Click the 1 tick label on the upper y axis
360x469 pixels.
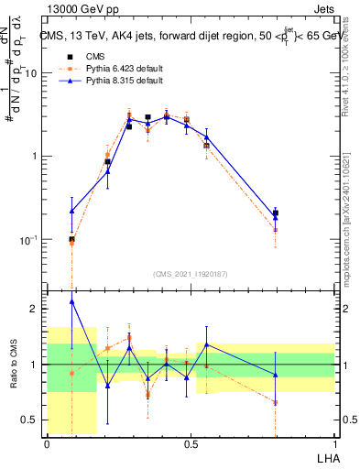pos(38,157)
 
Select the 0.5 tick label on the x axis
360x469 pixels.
pos(191,443)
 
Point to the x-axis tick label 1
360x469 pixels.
pos(333,443)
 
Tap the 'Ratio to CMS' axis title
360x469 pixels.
pos(14,365)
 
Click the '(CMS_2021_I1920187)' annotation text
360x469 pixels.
pos(191,274)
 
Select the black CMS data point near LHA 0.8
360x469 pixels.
pos(276,213)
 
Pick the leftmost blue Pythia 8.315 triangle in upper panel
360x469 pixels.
pos(72,211)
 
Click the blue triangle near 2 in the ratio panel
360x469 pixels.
pos(72,301)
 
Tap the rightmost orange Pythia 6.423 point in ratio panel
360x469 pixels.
pos(276,402)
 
